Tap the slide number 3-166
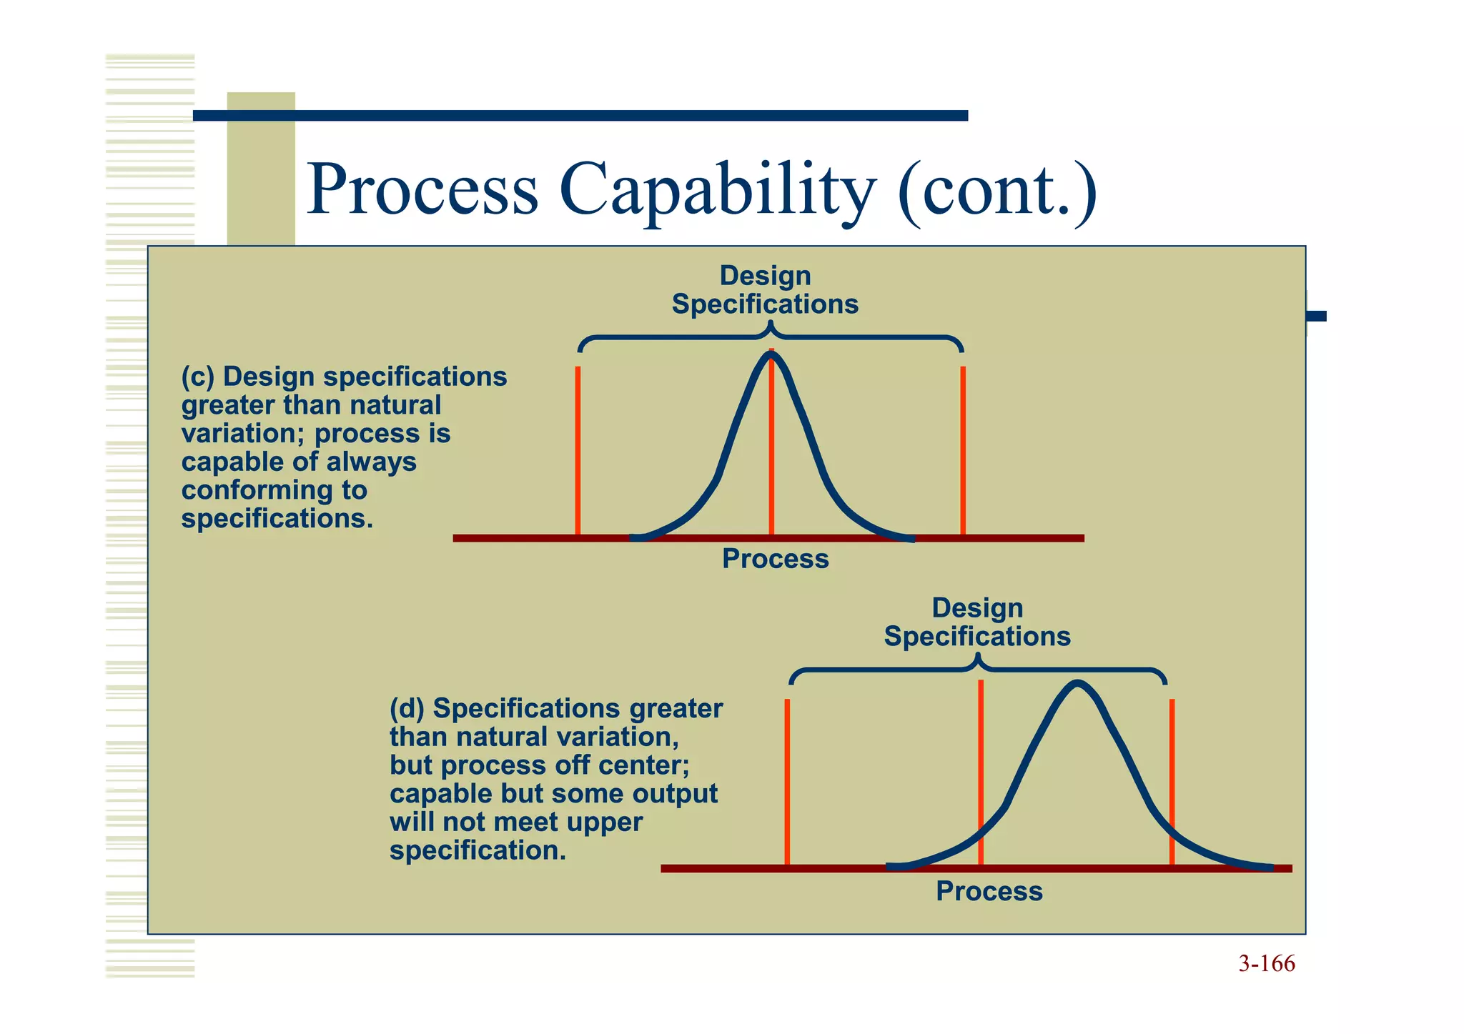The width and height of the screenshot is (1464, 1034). click(1266, 964)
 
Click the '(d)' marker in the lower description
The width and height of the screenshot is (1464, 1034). click(407, 709)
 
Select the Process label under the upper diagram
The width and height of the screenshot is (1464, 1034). click(775, 559)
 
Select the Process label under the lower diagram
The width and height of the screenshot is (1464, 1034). click(989, 891)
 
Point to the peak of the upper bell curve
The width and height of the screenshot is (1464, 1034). click(771, 355)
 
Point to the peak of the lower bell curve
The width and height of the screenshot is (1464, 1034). click(1077, 685)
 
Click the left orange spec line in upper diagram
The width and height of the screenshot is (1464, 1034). click(578, 450)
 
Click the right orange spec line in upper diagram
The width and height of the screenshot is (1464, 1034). click(963, 450)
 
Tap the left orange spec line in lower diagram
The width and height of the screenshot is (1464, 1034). click(787, 782)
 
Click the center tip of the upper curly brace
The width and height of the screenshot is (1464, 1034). click(770, 325)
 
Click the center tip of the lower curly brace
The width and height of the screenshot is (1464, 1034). click(979, 657)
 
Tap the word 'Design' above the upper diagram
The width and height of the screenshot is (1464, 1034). click(765, 276)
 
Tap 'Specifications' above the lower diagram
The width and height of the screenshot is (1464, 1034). click(977, 637)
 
